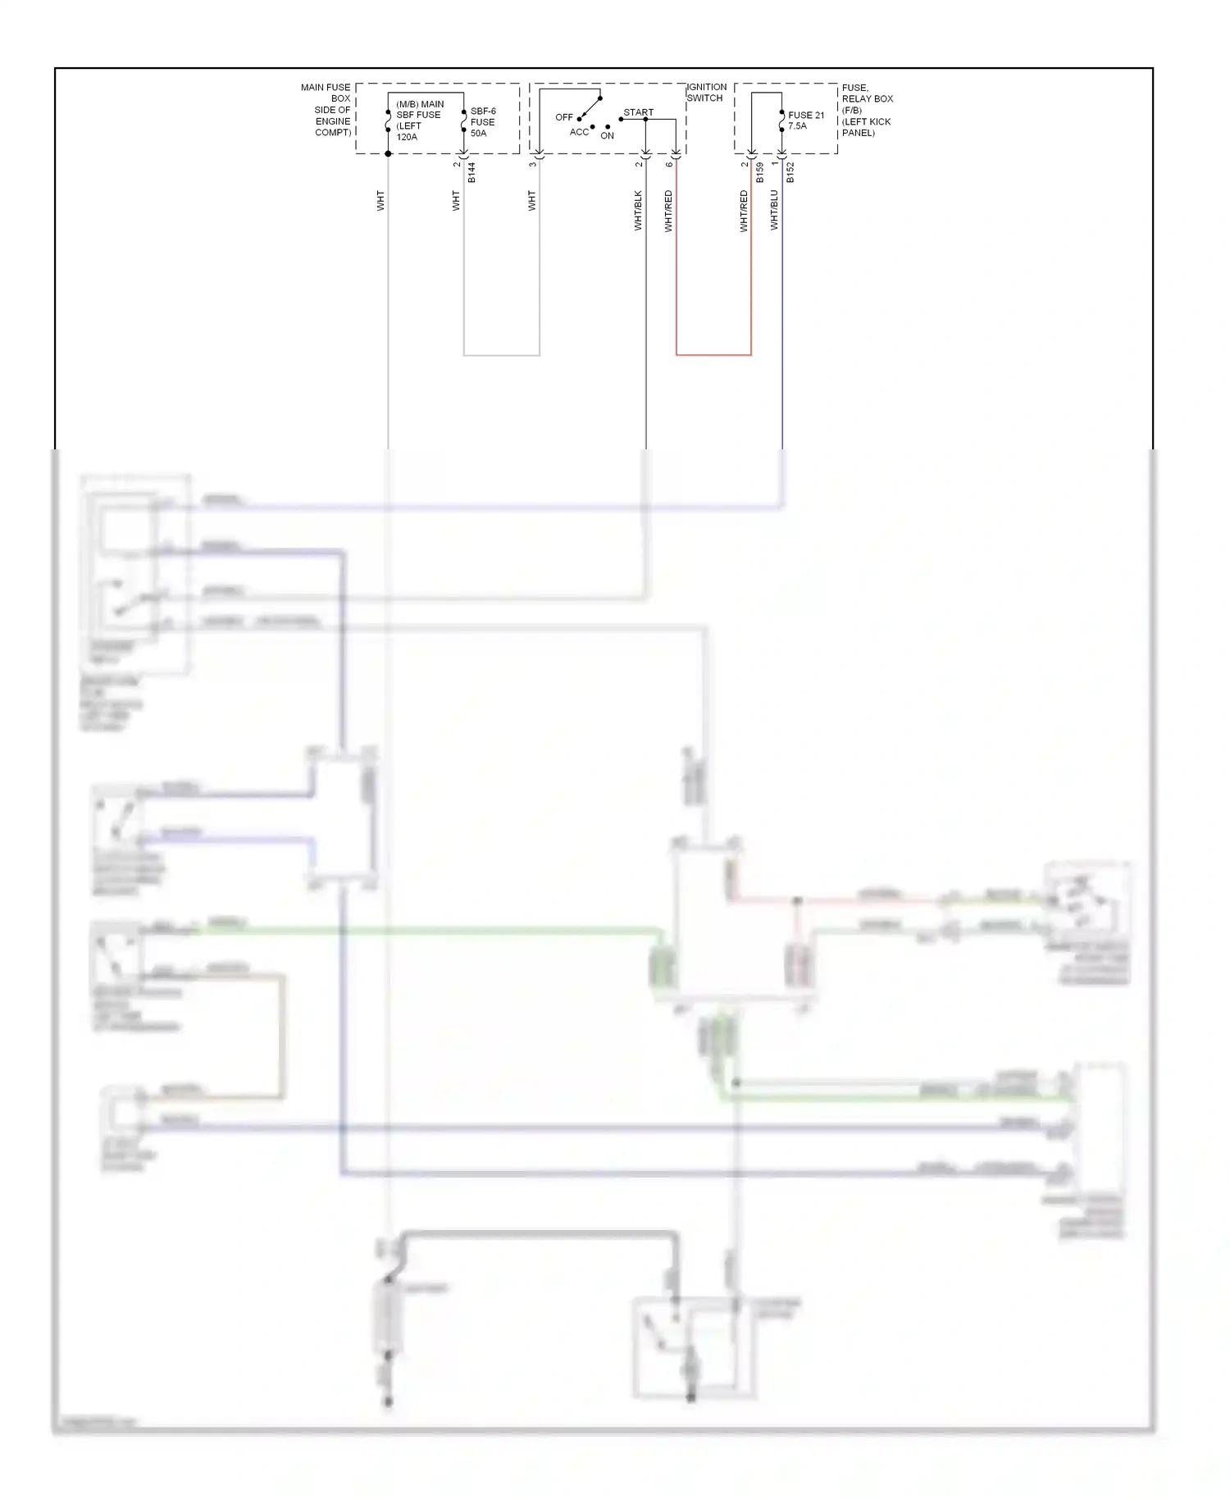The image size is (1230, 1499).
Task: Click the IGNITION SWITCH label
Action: point(706,93)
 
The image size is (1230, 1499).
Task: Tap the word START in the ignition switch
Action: point(638,112)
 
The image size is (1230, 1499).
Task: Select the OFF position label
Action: point(563,117)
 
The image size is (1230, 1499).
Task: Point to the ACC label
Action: point(579,132)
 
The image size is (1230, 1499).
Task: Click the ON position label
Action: point(607,136)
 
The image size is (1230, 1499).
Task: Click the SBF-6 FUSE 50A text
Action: point(482,122)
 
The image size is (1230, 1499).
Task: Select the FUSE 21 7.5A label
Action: point(805,121)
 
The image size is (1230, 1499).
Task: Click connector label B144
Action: point(471,172)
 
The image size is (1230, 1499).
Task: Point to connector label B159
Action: point(760,172)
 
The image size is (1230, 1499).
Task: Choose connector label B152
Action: point(790,172)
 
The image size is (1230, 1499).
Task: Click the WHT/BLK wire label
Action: point(638,211)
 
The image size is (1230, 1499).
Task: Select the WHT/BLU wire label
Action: point(774,210)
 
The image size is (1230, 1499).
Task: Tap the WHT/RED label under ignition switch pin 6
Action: point(668,211)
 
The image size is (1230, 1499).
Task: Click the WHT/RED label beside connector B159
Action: point(745,211)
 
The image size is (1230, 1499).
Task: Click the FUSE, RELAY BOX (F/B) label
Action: point(866,110)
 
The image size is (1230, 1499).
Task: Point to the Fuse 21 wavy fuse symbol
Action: point(781,121)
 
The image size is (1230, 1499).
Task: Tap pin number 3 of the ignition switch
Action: point(532,164)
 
